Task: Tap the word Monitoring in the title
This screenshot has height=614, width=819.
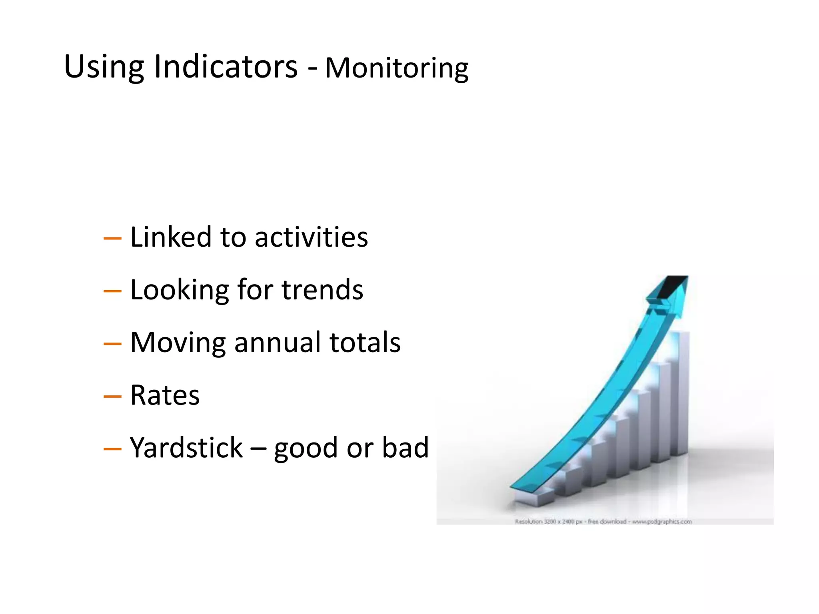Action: point(396,68)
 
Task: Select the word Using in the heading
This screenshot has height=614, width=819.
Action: point(104,67)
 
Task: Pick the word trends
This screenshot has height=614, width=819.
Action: point(322,290)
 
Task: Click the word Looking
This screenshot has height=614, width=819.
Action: point(180,291)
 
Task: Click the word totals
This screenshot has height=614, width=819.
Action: point(365,343)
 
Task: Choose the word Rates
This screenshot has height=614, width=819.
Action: point(165,395)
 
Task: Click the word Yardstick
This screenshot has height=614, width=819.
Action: point(186,448)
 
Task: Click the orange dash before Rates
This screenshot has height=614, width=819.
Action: point(112,397)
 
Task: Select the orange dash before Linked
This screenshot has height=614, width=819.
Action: point(112,239)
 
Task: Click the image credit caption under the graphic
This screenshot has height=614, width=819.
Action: point(603,521)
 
